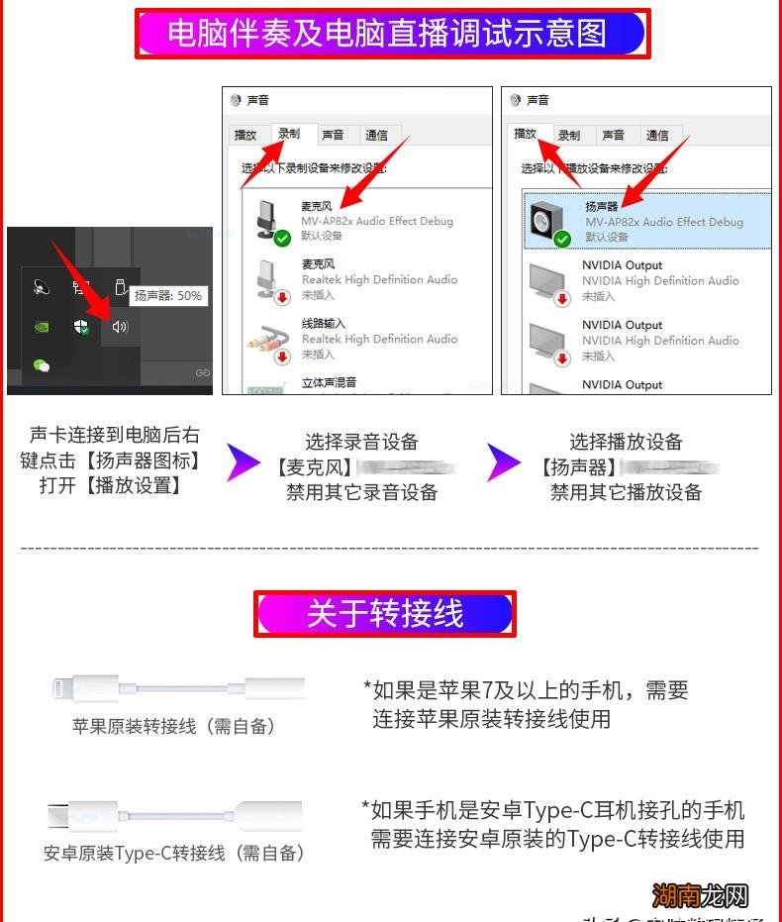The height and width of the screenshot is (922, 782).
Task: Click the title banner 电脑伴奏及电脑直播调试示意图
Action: [392, 34]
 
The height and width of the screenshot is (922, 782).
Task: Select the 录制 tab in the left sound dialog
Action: [288, 135]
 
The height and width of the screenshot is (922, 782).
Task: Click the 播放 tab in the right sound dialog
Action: [525, 135]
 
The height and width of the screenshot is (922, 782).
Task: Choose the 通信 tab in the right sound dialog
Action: [657, 136]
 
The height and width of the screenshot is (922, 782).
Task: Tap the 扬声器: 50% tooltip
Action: [167, 295]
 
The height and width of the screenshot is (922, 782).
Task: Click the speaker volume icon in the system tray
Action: [120, 326]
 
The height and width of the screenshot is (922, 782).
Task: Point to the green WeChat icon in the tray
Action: [41, 365]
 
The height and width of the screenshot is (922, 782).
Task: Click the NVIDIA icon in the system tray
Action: [41, 326]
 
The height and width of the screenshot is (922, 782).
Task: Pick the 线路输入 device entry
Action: [324, 324]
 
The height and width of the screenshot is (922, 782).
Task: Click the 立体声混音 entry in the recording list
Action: [329, 382]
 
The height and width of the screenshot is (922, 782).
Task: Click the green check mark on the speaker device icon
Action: [562, 239]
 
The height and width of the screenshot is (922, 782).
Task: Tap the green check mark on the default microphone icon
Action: [282, 239]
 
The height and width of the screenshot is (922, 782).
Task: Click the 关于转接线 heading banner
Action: [385, 614]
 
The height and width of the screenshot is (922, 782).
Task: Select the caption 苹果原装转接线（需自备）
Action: [173, 726]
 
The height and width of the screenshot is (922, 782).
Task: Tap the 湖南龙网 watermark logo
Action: [711, 896]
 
